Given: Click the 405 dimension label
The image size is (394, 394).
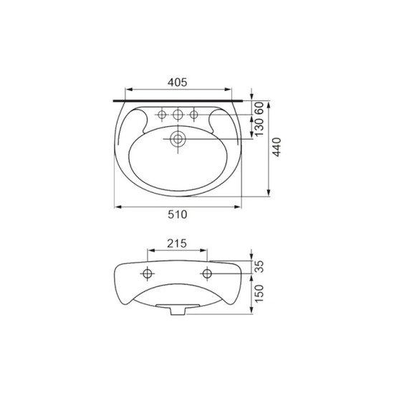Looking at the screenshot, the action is pos(178,82).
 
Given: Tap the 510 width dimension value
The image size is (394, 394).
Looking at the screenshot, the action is pos(178,214).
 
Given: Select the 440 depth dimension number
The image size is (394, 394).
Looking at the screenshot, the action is pos(277,147).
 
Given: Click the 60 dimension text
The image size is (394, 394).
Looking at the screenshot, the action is pos(259,108).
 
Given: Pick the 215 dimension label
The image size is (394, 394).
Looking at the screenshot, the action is pos(177,244).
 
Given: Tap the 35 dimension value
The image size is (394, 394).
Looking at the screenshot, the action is pos(259,266).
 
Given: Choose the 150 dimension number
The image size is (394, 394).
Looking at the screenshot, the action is pos(259,293).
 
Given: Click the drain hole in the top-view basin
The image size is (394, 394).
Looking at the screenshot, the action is pos(178,139).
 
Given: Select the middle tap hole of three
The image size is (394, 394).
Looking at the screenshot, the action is pos(178,115).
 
